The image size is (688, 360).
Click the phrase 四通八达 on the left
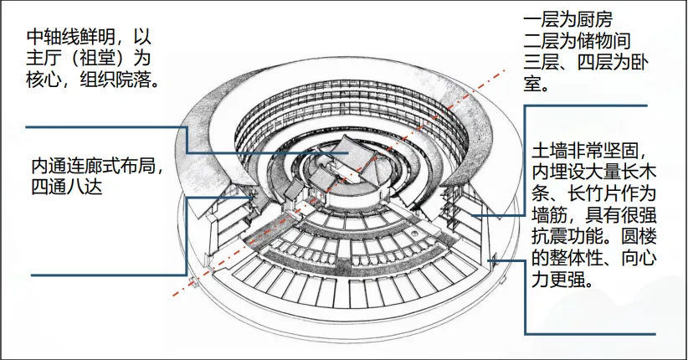pyautogui.click(x=67, y=187)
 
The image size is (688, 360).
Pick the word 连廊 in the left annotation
pyautogui.click(x=85, y=166)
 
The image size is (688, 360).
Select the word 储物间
pyautogui.click(x=603, y=41)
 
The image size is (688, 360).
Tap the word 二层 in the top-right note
pyautogui.click(x=541, y=41)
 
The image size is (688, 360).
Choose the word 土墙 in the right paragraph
pyautogui.click(x=550, y=151)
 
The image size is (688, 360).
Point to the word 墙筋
pyautogui.click(x=550, y=214)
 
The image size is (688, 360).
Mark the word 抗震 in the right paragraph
pyautogui.click(x=550, y=236)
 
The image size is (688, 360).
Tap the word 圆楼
pyautogui.click(x=639, y=236)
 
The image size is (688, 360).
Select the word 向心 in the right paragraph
pyautogui.click(x=639, y=258)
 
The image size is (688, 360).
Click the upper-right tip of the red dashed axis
pyautogui.click(x=505, y=70)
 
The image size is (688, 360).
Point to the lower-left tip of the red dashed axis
pyautogui.click(x=174, y=295)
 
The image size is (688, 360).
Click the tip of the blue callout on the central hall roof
pyautogui.click(x=349, y=153)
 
